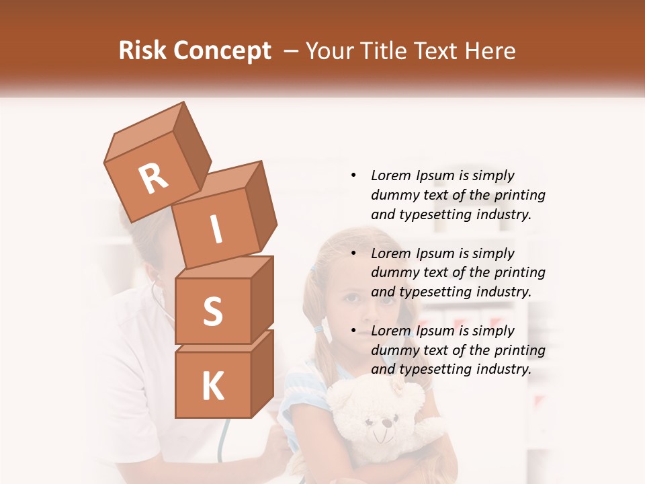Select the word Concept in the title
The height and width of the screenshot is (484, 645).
tap(222, 51)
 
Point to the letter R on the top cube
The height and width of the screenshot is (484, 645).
tap(153, 179)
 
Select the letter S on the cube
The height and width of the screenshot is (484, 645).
tap(212, 311)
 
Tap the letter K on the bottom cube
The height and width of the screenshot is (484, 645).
tap(212, 386)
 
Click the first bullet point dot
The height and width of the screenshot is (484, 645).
tap(353, 175)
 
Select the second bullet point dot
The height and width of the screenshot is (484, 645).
tap(353, 253)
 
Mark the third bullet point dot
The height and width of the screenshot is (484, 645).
tap(353, 331)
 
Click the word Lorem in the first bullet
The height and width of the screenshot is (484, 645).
tap(391, 175)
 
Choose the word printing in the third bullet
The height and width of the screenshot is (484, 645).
tap(520, 350)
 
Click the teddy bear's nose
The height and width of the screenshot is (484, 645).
tap(385, 424)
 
